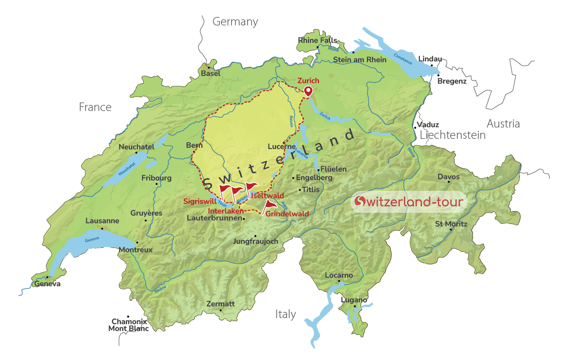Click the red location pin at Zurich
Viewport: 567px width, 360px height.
coord(308,91)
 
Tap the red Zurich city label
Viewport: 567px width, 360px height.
coord(308,81)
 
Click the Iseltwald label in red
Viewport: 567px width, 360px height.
coord(267,196)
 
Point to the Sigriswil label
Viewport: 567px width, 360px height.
coord(200,201)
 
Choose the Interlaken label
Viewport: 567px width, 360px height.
coord(226,211)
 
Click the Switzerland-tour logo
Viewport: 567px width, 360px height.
coord(409,201)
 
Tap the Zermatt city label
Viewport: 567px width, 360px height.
coord(220,304)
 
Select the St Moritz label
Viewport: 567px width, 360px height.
coord(451,224)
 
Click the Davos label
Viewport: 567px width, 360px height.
coord(448,177)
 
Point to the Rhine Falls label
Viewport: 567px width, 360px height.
coord(318,40)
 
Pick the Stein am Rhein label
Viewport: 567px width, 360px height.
coord(359,60)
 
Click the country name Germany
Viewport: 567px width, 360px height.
coord(235,22)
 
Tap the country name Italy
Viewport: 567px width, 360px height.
coord(286,314)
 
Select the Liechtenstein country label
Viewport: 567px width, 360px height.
coord(452,135)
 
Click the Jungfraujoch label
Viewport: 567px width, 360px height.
coord(255,241)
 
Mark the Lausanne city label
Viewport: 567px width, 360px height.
coord(102,221)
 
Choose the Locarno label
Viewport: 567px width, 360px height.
coord(339,275)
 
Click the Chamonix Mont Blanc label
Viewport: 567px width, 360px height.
coord(129,325)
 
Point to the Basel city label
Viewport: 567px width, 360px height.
coord(211,73)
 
